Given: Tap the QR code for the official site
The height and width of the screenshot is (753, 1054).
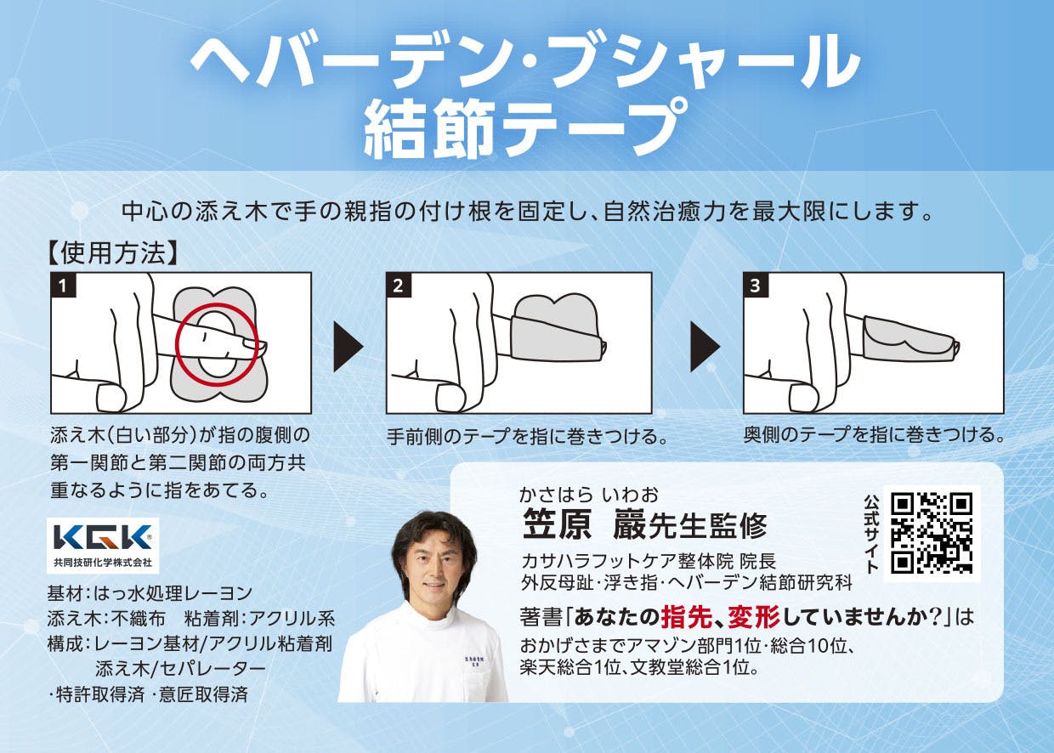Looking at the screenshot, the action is [x=932, y=534].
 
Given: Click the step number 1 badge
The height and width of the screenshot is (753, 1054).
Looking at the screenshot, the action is [x=63, y=285].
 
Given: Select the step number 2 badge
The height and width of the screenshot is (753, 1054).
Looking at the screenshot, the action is [x=398, y=285].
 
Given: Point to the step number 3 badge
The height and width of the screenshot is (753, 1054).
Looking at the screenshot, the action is [x=755, y=285].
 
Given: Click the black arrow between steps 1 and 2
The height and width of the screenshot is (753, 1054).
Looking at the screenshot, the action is [x=348, y=347].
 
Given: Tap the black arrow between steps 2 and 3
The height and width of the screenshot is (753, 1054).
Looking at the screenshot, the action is [x=705, y=347].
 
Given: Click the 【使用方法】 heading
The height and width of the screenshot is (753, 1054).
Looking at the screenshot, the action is [x=113, y=253].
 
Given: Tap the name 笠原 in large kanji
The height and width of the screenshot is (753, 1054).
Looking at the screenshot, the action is [x=557, y=524].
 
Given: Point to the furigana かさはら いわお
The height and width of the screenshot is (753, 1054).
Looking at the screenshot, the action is [x=589, y=495].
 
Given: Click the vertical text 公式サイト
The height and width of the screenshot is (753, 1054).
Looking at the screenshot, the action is [x=871, y=534].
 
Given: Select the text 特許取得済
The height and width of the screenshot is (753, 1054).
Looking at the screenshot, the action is [x=99, y=694].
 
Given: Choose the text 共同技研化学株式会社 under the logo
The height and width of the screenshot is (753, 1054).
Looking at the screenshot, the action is [x=103, y=562].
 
